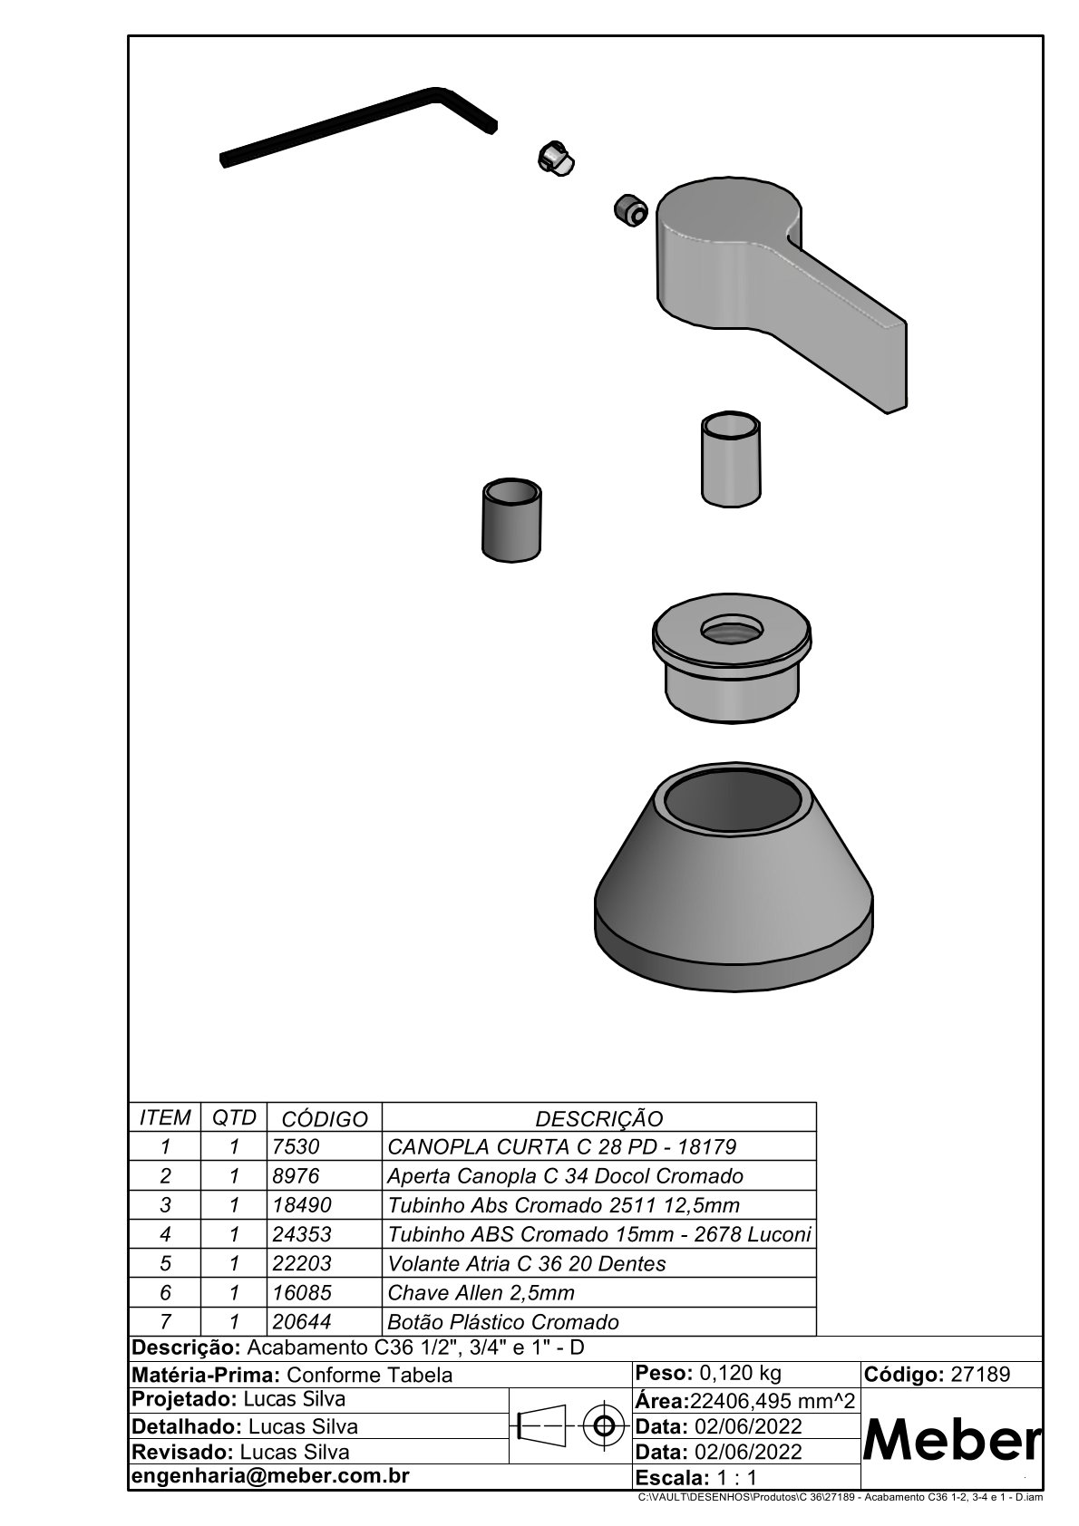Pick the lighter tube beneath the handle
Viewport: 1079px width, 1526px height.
point(731,459)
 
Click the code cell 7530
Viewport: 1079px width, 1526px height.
point(296,1146)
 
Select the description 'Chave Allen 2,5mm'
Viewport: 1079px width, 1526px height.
point(481,1292)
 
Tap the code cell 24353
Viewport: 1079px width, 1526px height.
point(302,1234)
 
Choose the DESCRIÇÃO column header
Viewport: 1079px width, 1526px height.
point(598,1118)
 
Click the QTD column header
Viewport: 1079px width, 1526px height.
point(234,1117)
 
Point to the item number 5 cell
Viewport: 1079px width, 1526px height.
point(165,1263)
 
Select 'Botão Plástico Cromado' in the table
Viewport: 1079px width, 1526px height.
point(502,1321)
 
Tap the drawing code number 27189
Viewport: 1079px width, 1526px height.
point(979,1374)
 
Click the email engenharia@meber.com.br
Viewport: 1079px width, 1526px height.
point(271,1475)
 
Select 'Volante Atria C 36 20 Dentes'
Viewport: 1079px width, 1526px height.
point(526,1263)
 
